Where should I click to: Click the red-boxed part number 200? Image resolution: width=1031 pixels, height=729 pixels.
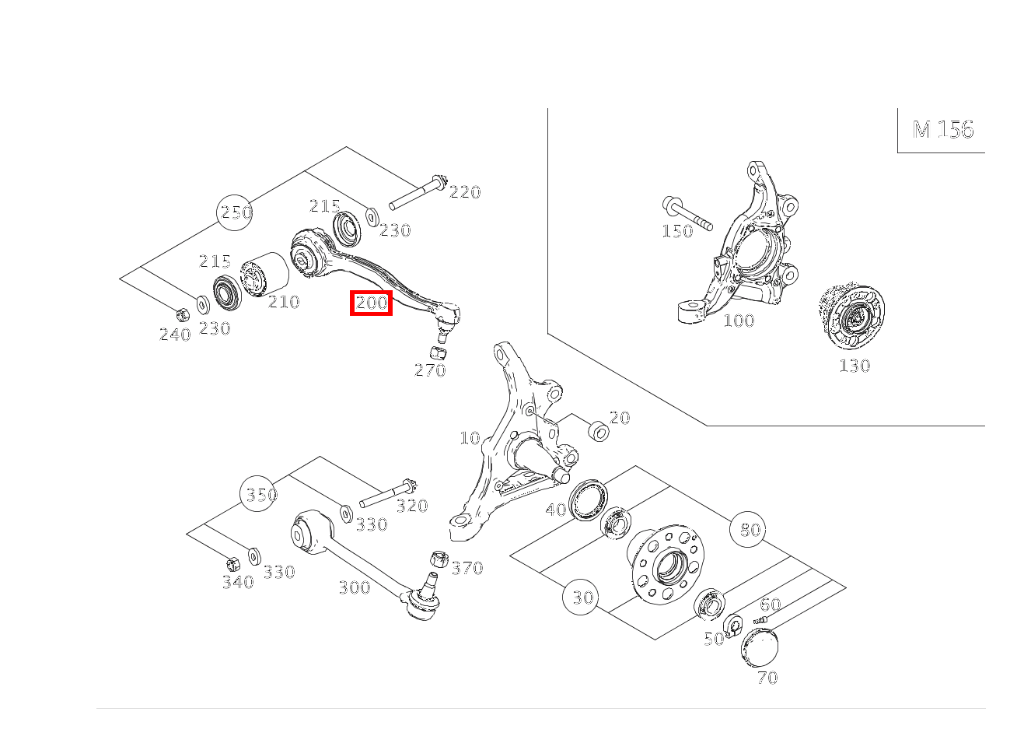tap(371, 303)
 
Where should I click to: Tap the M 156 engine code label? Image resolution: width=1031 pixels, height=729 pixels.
tap(943, 129)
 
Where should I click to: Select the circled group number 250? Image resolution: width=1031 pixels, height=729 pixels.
tap(235, 212)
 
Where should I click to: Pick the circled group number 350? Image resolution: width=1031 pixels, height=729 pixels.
tap(259, 494)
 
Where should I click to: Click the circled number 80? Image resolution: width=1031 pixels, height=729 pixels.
tap(748, 529)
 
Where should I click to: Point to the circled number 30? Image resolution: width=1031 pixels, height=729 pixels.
tap(581, 597)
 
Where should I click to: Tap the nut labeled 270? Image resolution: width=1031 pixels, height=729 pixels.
tap(438, 352)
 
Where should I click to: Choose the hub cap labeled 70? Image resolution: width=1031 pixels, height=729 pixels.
tap(760, 648)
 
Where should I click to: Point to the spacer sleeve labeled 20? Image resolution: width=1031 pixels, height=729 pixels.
tap(599, 431)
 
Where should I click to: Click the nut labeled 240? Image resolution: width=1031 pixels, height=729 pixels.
tap(183, 314)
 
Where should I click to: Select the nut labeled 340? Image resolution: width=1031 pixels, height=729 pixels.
tap(233, 564)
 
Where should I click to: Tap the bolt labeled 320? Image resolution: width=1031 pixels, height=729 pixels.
tap(388, 493)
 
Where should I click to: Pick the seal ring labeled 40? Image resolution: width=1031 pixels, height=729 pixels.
tap(589, 499)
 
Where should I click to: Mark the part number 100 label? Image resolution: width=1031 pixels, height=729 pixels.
tap(739, 321)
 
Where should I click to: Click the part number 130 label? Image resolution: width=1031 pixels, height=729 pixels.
tap(855, 366)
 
